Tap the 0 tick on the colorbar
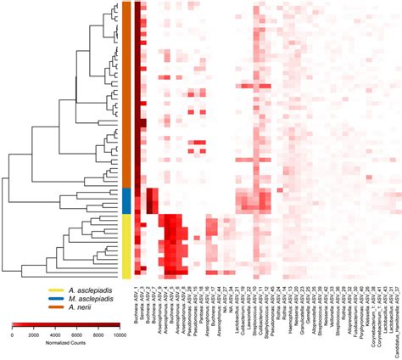(13, 336)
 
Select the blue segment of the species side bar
(126, 200)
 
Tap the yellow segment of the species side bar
(126, 245)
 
